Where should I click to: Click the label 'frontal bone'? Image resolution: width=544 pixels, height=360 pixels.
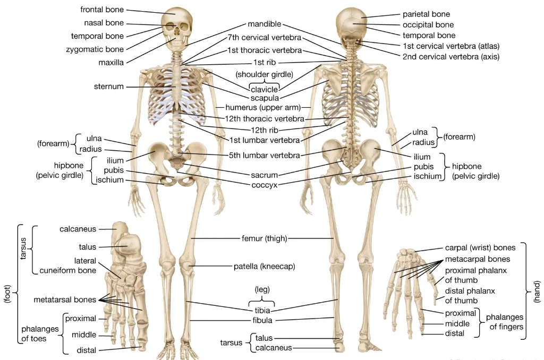(102, 10)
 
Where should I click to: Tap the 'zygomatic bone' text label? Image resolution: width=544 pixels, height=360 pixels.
(95, 49)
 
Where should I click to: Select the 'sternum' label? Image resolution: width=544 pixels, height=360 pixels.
(109, 87)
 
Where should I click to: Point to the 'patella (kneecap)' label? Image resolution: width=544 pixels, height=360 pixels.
(264, 266)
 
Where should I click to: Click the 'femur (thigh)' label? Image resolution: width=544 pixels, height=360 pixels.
(261, 239)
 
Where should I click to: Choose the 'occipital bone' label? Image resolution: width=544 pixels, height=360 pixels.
(428, 25)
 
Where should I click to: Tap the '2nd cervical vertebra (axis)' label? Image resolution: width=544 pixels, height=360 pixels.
(450, 56)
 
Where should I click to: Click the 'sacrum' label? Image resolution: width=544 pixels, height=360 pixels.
(264, 175)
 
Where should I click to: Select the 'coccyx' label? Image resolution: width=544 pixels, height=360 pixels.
(264, 185)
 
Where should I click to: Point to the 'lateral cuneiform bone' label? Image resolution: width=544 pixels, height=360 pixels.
(68, 265)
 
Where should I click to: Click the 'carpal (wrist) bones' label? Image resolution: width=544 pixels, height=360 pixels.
(480, 248)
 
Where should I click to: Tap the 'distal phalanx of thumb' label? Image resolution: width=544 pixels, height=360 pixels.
(470, 295)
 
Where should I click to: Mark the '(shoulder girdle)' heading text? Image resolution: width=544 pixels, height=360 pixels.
(265, 74)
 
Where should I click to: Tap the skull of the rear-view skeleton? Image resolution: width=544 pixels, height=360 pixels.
(352, 24)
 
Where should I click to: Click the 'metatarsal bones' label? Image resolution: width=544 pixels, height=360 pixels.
(65, 299)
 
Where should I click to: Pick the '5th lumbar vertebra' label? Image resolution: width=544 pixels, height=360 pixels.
(264, 156)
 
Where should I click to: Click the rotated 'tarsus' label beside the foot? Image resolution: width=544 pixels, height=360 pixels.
(23, 248)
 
